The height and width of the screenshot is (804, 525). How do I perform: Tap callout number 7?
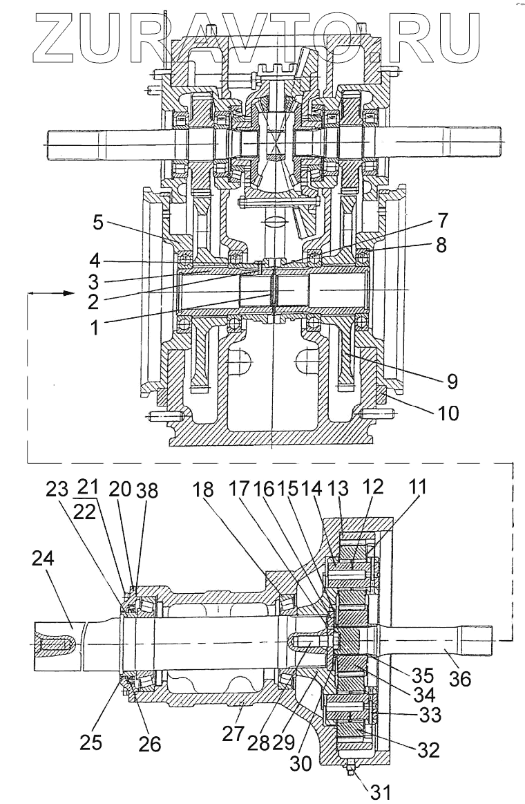click(443, 222)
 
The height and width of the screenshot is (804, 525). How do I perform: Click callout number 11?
click(417, 489)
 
